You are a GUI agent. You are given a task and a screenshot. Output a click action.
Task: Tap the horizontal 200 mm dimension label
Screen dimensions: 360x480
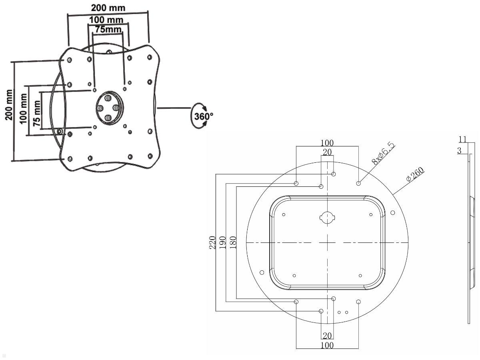pos(108,8)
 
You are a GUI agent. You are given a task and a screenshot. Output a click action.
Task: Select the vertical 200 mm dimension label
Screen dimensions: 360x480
pos(8,105)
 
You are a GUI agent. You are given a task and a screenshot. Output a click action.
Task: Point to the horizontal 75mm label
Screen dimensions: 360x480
pos(108,29)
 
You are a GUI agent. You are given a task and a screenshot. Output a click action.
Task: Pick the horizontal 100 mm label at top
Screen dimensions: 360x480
pos(106,20)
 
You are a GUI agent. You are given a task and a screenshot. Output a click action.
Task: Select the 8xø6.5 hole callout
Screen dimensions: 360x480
pos(382,153)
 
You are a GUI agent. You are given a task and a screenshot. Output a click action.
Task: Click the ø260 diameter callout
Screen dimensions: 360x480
pos(414,175)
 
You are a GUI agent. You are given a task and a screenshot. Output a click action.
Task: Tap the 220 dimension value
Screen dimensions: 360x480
pos(213,242)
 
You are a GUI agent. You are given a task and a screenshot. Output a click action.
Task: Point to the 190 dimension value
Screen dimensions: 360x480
pos(223,242)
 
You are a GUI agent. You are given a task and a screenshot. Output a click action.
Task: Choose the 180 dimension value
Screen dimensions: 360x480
pos(233,242)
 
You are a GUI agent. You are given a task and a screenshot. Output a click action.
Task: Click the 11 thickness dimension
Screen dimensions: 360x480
pos(462,139)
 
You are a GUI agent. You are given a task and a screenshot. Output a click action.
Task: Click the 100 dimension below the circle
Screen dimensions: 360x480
pos(327,345)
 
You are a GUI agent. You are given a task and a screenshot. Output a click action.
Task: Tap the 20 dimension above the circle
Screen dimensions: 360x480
pos(327,152)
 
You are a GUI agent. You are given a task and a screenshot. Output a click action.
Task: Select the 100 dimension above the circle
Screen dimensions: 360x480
pos(327,143)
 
